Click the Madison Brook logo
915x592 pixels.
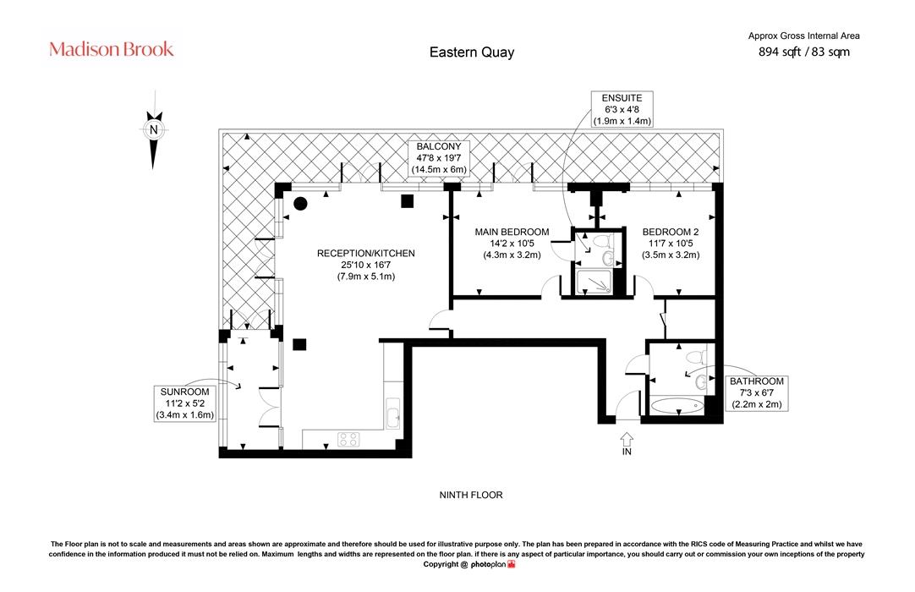(x=112, y=49)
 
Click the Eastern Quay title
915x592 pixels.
(x=472, y=52)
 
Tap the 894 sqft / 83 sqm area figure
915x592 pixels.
(x=803, y=52)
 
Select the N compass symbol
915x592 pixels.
(x=153, y=130)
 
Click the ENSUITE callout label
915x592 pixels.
(x=622, y=109)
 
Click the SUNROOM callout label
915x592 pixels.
(x=184, y=403)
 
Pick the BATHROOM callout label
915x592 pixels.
(x=757, y=392)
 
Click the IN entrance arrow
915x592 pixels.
(x=627, y=438)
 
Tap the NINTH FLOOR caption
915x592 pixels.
(x=471, y=495)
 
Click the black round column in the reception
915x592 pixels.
(x=300, y=204)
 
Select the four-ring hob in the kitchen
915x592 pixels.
(x=348, y=439)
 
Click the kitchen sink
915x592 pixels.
(x=393, y=414)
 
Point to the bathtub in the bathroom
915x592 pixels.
(x=677, y=405)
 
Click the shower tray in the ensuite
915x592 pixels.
(x=594, y=282)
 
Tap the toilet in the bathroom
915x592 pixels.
(x=696, y=357)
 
